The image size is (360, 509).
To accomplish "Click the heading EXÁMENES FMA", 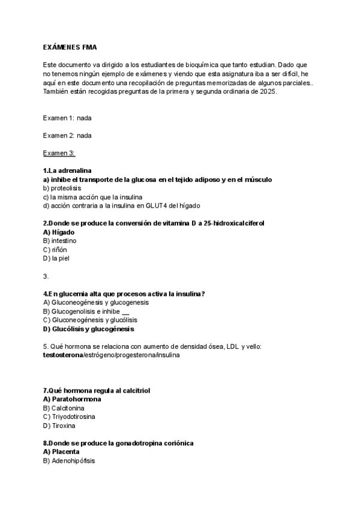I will [70, 47].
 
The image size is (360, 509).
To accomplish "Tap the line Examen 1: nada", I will [67, 118].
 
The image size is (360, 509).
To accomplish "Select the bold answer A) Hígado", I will [59, 232].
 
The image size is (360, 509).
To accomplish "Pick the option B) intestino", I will [60, 241].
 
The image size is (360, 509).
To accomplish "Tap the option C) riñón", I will [56, 250].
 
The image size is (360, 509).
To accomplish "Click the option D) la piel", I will [57, 259].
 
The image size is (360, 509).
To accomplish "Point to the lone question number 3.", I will [46, 276].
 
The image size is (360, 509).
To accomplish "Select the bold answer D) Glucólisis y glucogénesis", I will [89, 329].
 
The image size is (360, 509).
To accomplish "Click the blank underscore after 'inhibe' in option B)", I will [125, 312].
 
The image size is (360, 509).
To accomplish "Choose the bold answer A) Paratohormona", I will [72, 399].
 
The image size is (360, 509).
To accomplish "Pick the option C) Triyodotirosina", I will [69, 417].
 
